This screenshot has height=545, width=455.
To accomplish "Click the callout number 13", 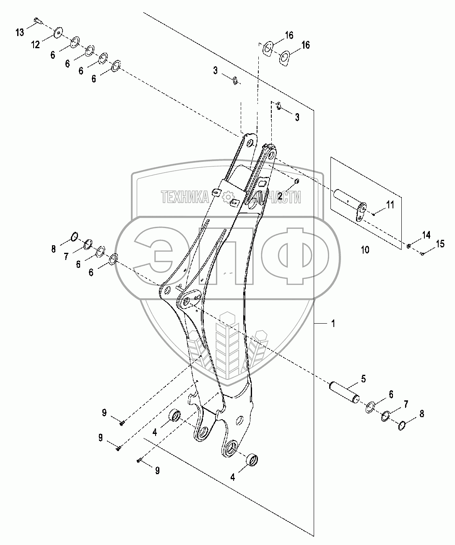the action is pyautogui.click(x=20, y=33).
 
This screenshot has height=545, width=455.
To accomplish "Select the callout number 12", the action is pyautogui.click(x=36, y=45).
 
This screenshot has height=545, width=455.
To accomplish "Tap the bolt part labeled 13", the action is pyautogui.click(x=38, y=21).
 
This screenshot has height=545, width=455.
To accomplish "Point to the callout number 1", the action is pyautogui.click(x=333, y=324).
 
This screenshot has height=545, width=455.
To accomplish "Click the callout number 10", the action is pyautogui.click(x=365, y=250).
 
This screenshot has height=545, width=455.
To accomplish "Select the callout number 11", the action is pyautogui.click(x=390, y=205).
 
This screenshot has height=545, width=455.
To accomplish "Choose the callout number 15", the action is pyautogui.click(x=440, y=244).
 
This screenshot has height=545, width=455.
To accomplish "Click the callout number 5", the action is pyautogui.click(x=364, y=379).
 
